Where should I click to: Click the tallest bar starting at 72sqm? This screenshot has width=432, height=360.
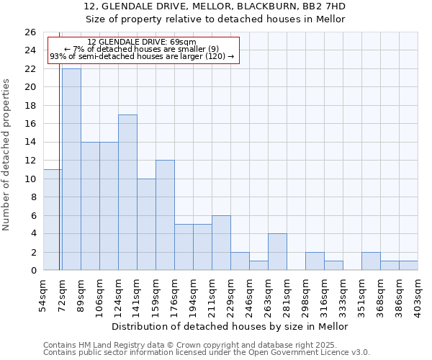71,169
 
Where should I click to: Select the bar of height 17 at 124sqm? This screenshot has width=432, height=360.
127,192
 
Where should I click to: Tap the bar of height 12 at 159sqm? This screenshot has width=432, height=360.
165,215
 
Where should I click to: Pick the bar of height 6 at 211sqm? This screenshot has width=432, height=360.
221,243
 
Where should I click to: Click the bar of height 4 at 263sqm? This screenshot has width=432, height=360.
277,252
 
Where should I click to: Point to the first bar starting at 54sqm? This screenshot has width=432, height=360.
53,220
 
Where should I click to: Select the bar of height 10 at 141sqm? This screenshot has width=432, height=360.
146,225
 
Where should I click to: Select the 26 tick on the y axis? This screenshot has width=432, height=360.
30,32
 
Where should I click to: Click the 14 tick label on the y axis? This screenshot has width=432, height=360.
30,143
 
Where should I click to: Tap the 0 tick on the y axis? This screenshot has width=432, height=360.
33,271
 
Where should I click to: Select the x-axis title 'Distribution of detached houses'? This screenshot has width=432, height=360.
230,327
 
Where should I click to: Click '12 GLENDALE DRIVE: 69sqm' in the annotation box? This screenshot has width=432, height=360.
141,42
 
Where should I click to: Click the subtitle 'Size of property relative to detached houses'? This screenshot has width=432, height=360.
215,19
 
